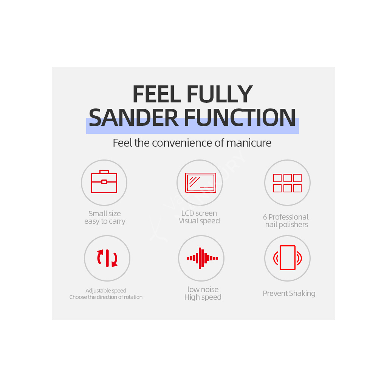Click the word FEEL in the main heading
[157, 94]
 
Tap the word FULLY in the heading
[220, 94]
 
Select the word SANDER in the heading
[133, 118]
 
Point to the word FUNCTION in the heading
[240, 118]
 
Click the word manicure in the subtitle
[249, 143]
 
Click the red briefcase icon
[104, 181]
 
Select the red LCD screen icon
[201, 183]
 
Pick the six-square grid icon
[287, 183]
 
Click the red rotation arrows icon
[107, 258]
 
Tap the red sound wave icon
[203, 258]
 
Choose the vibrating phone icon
[288, 258]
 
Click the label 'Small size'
[105, 214]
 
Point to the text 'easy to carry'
[105, 221]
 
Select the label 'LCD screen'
[199, 213]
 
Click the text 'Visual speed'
[199, 221]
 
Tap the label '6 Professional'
[286, 217]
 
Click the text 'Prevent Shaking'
[289, 293]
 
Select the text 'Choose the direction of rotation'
[106, 297]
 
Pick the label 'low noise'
[203, 289]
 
